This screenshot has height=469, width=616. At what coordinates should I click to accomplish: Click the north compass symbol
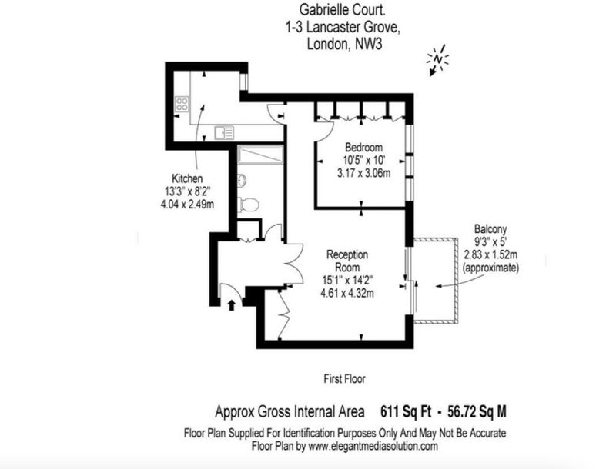[x=437, y=60]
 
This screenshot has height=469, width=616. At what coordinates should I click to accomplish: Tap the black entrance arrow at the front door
[x=232, y=304]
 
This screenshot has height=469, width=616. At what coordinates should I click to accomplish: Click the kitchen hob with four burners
[x=182, y=105]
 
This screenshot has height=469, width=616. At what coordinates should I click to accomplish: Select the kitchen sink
[x=224, y=132]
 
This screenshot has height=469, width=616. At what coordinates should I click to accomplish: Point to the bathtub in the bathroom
[x=260, y=155]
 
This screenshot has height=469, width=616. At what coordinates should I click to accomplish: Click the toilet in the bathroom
[x=248, y=205]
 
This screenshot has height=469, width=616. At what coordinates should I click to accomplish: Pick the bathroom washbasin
[x=242, y=181]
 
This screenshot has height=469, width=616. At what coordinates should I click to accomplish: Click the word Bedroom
[x=363, y=148]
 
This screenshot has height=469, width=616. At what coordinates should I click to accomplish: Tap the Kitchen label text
[x=187, y=178]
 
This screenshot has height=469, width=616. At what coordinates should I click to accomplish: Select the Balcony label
[x=490, y=229]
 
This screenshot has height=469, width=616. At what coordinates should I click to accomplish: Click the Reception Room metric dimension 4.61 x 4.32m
[x=347, y=293]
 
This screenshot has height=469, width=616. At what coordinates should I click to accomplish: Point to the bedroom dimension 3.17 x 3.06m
[x=363, y=173]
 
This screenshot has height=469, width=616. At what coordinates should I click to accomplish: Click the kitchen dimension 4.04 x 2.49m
[x=187, y=205]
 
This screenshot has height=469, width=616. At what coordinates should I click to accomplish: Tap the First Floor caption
[x=344, y=379]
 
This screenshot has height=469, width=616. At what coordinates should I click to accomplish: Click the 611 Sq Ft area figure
[x=406, y=412]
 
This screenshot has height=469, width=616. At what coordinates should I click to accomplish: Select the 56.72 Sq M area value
[x=477, y=412]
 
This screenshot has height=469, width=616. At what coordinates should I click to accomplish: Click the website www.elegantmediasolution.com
[x=373, y=446]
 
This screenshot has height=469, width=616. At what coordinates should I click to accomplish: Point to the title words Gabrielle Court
[x=343, y=9]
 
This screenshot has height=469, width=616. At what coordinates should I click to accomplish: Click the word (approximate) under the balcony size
[x=490, y=268]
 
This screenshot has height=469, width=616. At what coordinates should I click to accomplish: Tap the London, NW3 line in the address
[x=344, y=44]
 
